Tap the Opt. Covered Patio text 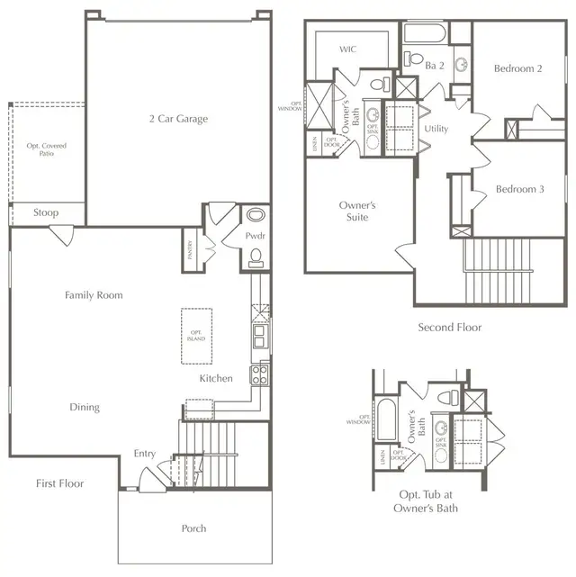[x=47, y=149]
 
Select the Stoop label [x=47, y=213]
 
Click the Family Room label [x=94, y=294]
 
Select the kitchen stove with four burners [x=259, y=373]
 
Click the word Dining [x=85, y=407]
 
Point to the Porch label [x=193, y=528]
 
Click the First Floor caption [x=60, y=483]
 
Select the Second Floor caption [x=449, y=328]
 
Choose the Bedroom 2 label [x=517, y=68]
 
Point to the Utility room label [x=436, y=129]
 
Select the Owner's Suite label [x=357, y=211]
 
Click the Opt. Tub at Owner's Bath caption [x=427, y=501]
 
